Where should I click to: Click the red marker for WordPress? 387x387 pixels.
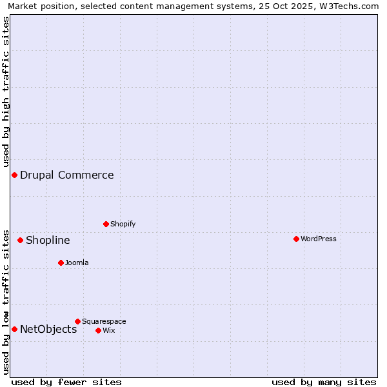click(296, 239)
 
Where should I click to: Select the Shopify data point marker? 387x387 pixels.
click(106, 224)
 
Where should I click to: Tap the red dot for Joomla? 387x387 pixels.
click(61, 263)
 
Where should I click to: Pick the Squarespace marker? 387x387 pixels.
click(77, 321)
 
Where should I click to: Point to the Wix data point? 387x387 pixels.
click(98, 330)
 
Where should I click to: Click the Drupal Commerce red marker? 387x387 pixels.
click(14, 175)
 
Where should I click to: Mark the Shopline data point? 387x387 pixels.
click(20, 240)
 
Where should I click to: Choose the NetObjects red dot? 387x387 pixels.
click(14, 329)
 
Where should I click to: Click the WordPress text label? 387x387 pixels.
click(319, 239)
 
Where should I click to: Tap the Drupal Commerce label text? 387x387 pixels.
click(67, 175)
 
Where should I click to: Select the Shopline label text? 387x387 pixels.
click(48, 240)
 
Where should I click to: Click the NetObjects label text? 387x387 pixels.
click(48, 329)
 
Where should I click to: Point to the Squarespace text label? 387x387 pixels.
click(104, 321)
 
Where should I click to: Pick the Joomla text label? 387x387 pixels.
click(77, 263)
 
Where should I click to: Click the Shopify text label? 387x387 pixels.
click(123, 224)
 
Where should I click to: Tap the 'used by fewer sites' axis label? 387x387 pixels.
click(66, 382)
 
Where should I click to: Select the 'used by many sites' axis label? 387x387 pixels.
click(324, 382)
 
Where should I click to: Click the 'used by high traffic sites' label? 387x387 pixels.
click(6, 92)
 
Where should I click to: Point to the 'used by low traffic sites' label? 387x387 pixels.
click(6, 301)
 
